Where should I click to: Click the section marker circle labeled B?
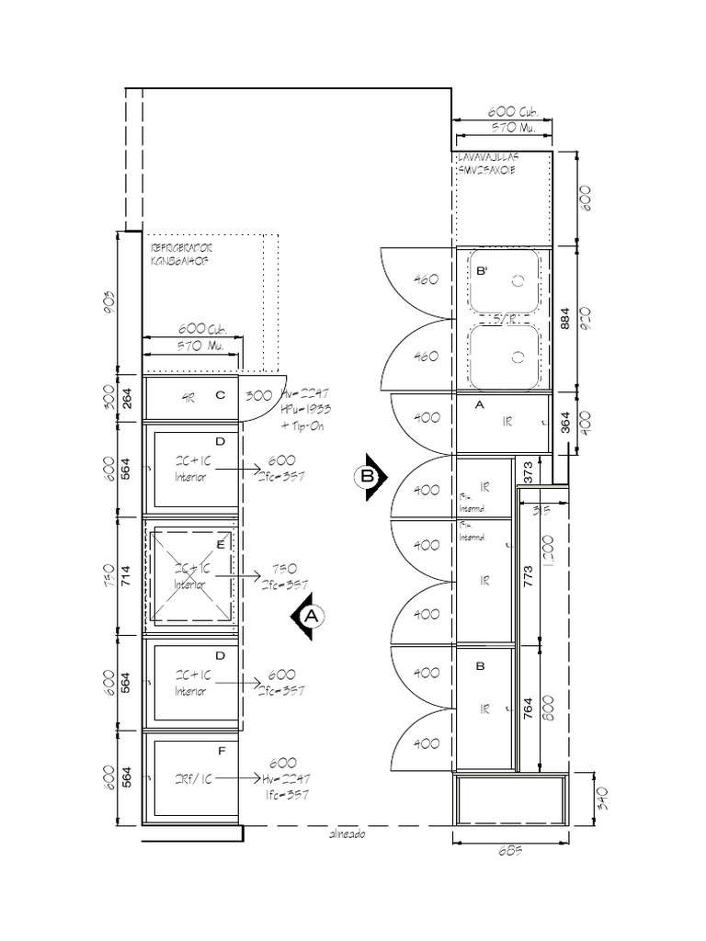tap(368, 477)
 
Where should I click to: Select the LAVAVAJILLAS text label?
tap(486, 158)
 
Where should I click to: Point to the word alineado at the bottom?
tap(347, 835)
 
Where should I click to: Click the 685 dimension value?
tap(510, 850)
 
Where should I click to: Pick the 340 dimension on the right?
tap(576, 798)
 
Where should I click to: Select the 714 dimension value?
tap(128, 576)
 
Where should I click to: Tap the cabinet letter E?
tap(220, 545)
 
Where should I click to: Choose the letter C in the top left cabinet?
tap(220, 396)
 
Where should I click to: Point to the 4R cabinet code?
tap(188, 398)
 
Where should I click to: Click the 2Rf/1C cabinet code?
tap(194, 778)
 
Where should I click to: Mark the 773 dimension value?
tap(528, 575)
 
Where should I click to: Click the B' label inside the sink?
tap(482, 272)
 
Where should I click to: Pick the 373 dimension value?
tap(527, 471)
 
